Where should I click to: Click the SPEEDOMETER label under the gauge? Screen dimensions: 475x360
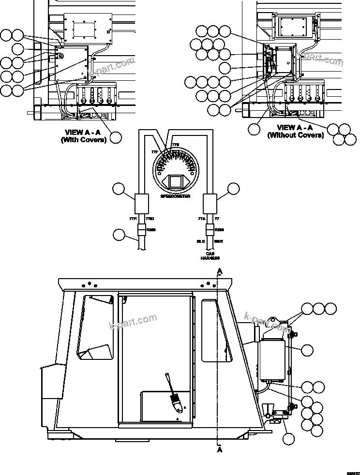pos(175,196)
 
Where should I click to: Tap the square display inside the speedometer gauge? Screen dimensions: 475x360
pos(175,182)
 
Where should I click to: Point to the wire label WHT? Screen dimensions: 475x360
pos(219,240)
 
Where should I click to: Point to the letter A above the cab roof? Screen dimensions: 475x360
pos(220,271)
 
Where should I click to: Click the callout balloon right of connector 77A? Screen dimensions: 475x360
pos(234,189)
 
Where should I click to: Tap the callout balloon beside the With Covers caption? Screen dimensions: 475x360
pos(115,137)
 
